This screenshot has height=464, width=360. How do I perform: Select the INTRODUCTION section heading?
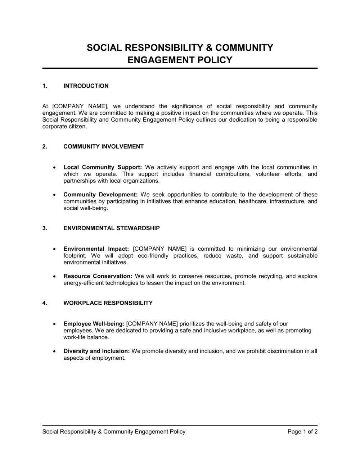[x=86, y=86]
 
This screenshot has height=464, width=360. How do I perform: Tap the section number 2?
[x=45, y=146]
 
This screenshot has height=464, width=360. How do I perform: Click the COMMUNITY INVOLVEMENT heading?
[x=103, y=146]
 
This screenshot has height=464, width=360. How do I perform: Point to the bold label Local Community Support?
[x=103, y=167]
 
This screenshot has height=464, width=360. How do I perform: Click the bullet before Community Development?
[x=54, y=195]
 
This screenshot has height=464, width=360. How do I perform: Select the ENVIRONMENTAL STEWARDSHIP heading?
[x=112, y=228]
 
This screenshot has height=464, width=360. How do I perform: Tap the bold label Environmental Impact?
[x=96, y=249]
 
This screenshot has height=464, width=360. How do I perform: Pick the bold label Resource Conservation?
[x=98, y=276]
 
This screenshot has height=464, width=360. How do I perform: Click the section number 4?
[x=45, y=303]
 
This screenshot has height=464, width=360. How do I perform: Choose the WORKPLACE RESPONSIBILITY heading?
[x=108, y=303]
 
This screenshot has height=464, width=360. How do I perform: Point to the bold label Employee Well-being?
[x=94, y=324]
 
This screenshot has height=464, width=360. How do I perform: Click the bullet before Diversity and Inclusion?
[x=54, y=351]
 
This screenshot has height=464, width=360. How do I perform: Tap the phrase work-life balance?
[x=86, y=337]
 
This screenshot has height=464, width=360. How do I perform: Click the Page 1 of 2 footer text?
[x=302, y=432]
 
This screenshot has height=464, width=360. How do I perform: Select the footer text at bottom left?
[x=114, y=432]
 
